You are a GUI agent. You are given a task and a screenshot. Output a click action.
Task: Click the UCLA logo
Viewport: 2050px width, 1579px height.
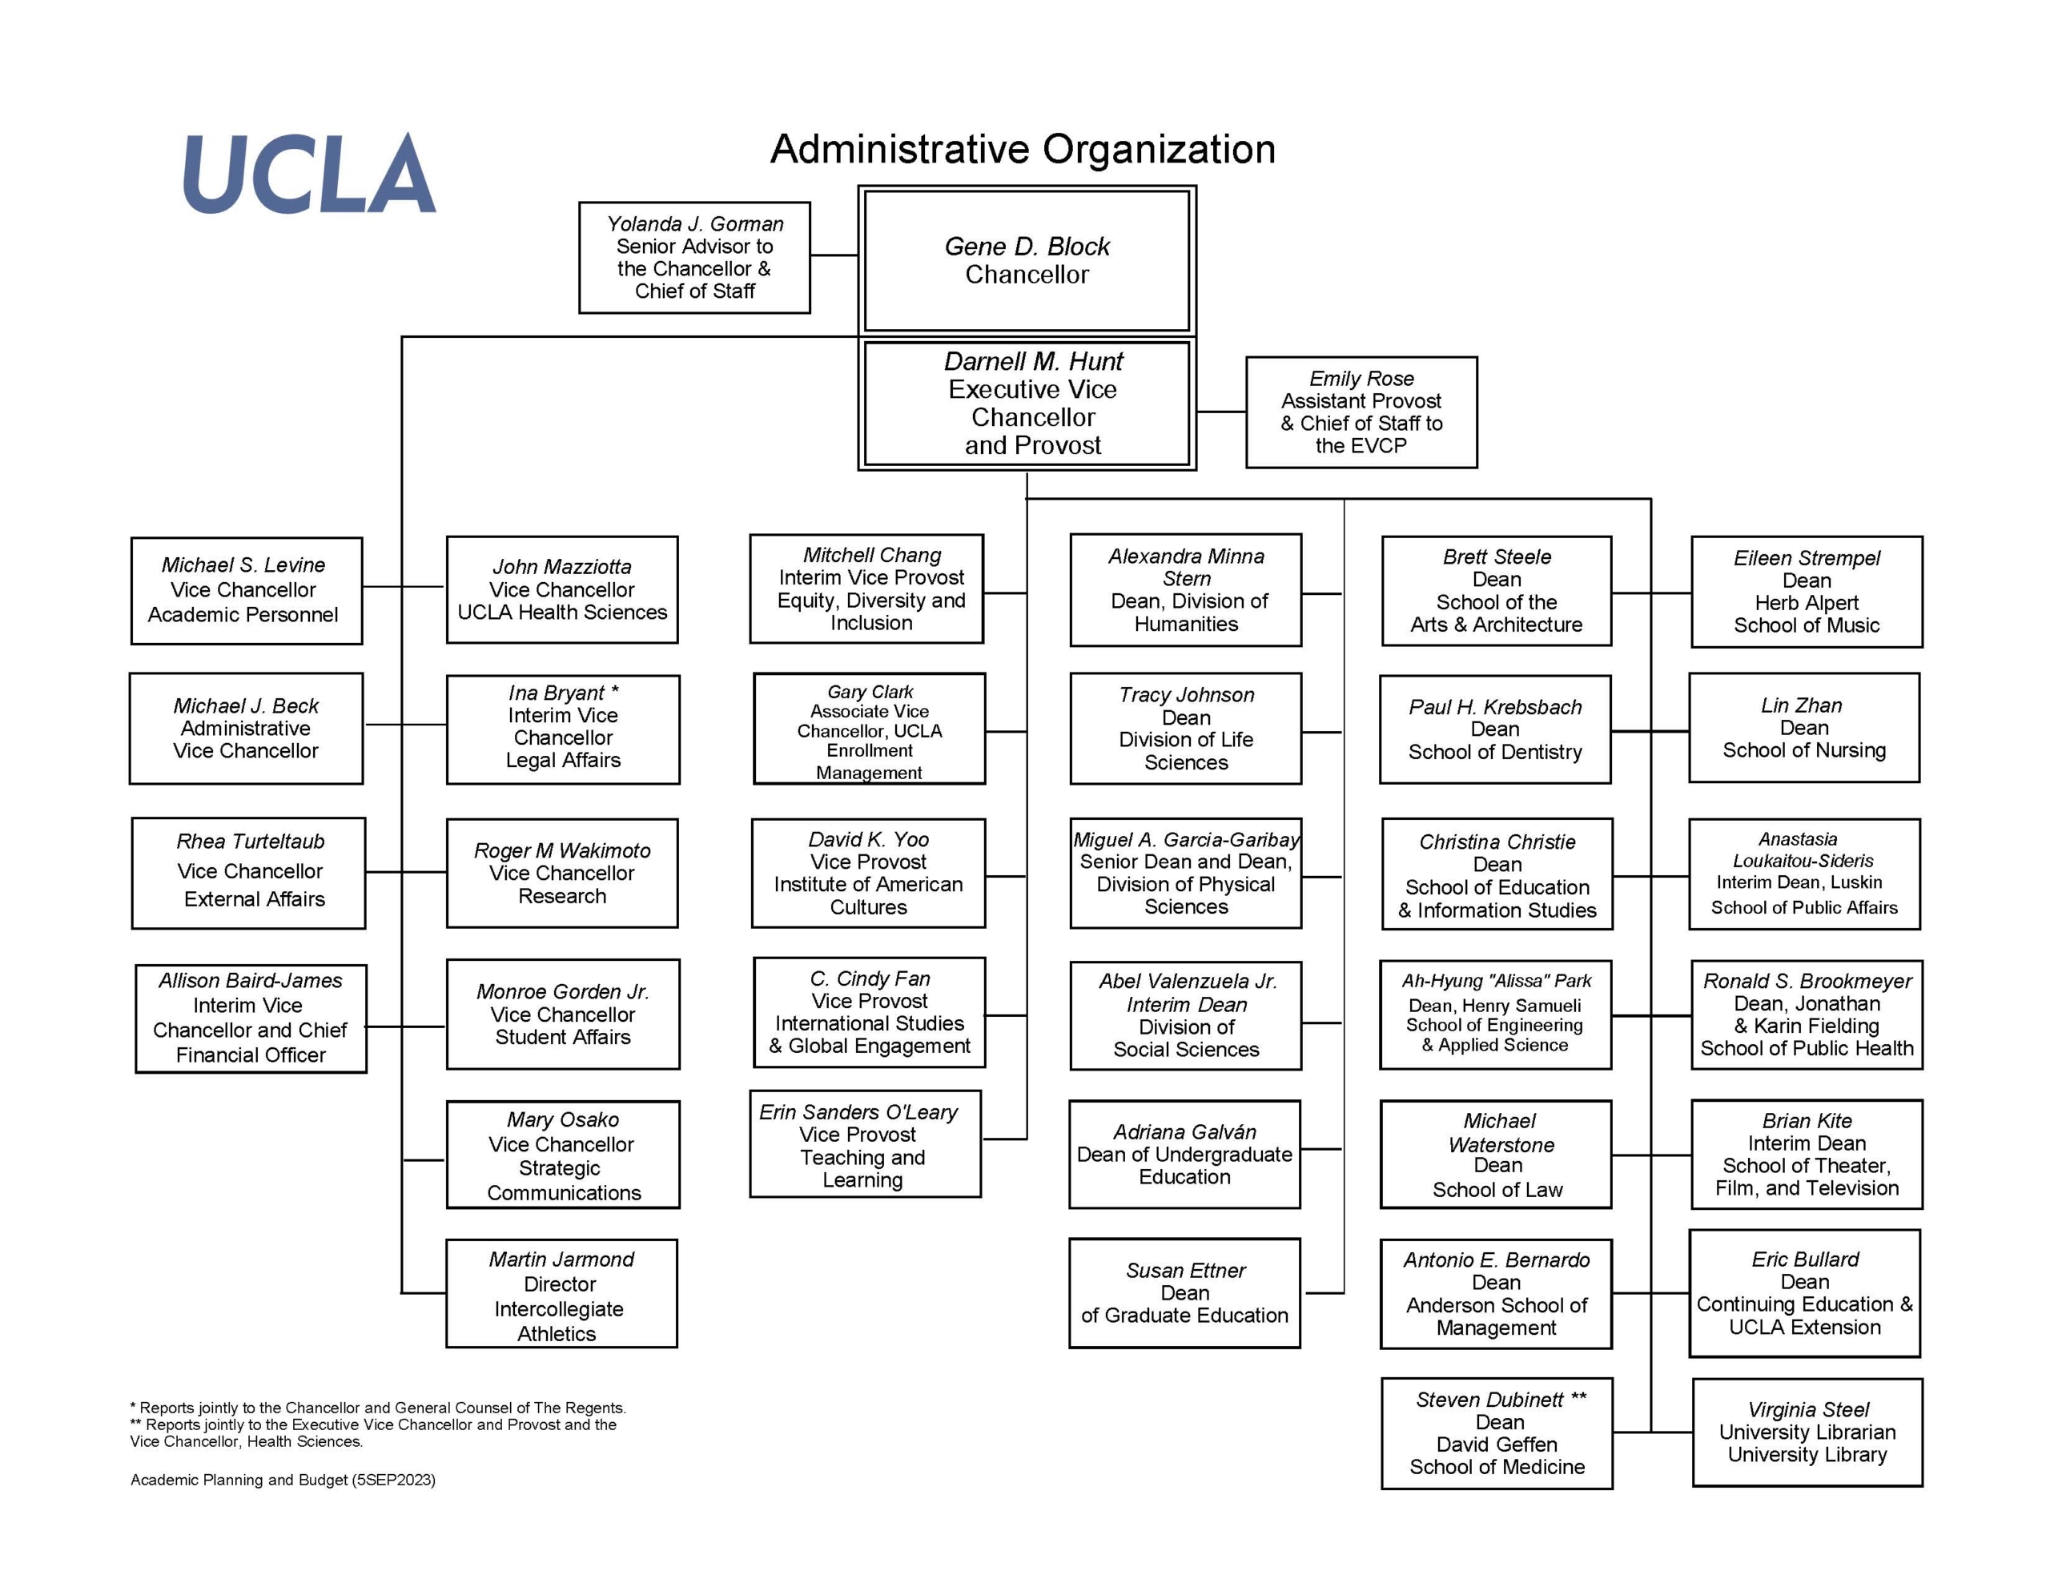pyautogui.click(x=309, y=173)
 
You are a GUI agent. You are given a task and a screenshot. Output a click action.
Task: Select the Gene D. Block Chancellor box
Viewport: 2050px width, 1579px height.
pyautogui.click(x=1027, y=260)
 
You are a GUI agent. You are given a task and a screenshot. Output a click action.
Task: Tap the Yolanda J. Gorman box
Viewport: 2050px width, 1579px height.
pyautogui.click(x=694, y=257)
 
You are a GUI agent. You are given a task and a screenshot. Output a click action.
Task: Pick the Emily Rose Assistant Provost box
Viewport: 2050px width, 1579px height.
pyautogui.click(x=1361, y=412)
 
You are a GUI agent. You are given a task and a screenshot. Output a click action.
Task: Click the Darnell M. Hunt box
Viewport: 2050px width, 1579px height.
pyautogui.click(x=1027, y=403)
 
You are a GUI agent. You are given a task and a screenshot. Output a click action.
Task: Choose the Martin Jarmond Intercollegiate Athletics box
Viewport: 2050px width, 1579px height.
pyautogui.click(x=561, y=1294)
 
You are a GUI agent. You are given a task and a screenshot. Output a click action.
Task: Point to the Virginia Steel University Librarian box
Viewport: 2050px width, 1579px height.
pyautogui.click(x=1807, y=1432)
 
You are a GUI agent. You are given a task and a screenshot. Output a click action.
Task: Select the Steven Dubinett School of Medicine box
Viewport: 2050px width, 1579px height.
pyautogui.click(x=1496, y=1433)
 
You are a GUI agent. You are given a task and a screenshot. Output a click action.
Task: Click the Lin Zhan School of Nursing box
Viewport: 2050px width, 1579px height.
pyautogui.click(x=1803, y=728)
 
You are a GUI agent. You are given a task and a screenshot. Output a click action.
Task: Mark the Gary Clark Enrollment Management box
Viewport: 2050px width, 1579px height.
pyautogui.click(x=869, y=729)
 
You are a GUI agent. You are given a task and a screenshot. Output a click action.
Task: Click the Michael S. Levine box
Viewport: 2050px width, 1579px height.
pyautogui.click(x=246, y=590)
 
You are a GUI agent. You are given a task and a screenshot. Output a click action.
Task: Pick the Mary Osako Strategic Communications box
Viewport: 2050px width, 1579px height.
pyautogui.click(x=562, y=1155)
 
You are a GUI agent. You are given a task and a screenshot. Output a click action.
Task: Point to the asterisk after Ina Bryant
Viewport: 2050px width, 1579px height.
pyautogui.click(x=615, y=691)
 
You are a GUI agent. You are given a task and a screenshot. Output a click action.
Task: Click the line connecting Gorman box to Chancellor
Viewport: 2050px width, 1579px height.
pyautogui.click(x=834, y=255)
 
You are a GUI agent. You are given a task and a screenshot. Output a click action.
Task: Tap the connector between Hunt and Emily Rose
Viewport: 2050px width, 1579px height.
pyautogui.click(x=1221, y=412)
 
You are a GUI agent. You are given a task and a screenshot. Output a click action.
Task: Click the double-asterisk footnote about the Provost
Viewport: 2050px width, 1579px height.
pyautogui.click(x=374, y=1432)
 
